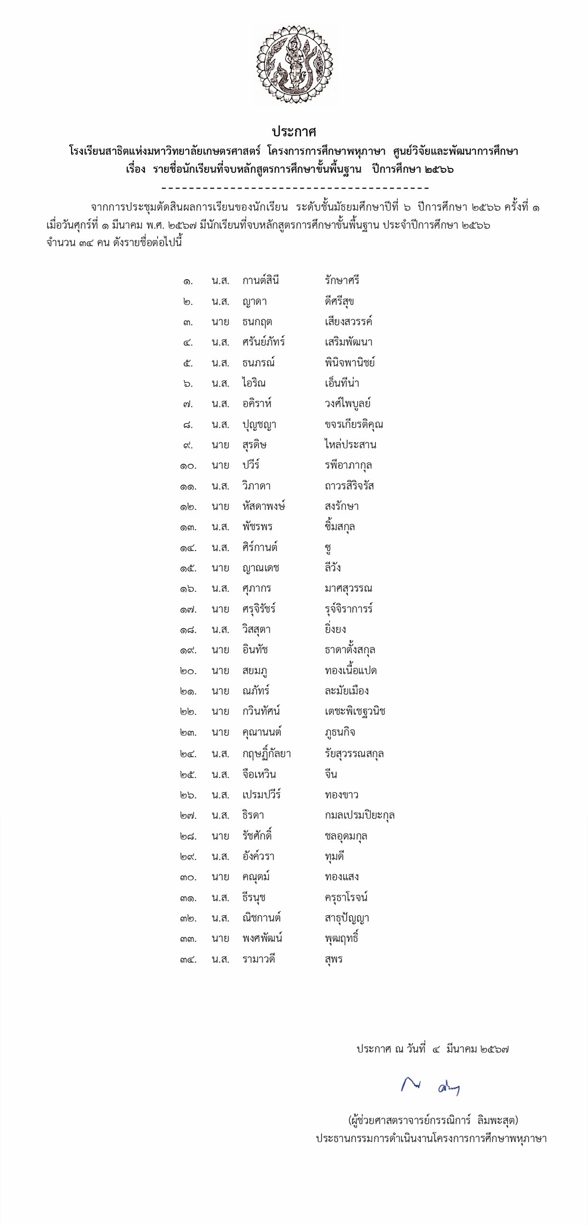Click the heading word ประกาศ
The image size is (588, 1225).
coord(294,132)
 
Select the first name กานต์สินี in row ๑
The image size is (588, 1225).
coord(261,281)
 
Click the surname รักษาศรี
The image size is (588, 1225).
coord(342,281)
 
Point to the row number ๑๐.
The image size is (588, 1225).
coord(188,466)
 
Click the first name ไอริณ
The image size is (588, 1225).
coord(254,383)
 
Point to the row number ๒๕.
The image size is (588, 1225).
coord(188,775)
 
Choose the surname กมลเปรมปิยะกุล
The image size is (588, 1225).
coord(360,816)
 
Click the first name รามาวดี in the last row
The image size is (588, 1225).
coord(259,959)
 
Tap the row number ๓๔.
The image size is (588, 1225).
coord(188,960)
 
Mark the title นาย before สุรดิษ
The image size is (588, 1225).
coord(220,445)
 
